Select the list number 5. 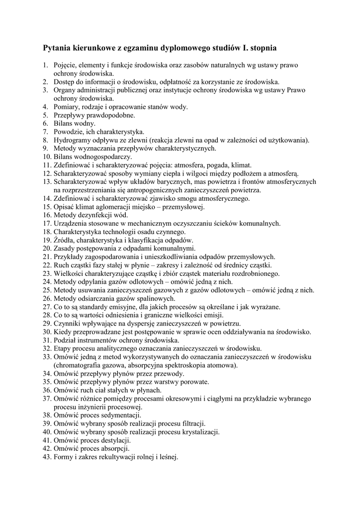click(x=45, y=115)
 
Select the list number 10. click(x=46, y=157)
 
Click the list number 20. click(x=46, y=249)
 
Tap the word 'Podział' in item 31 click(x=66, y=340)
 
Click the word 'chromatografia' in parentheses click(x=78, y=365)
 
